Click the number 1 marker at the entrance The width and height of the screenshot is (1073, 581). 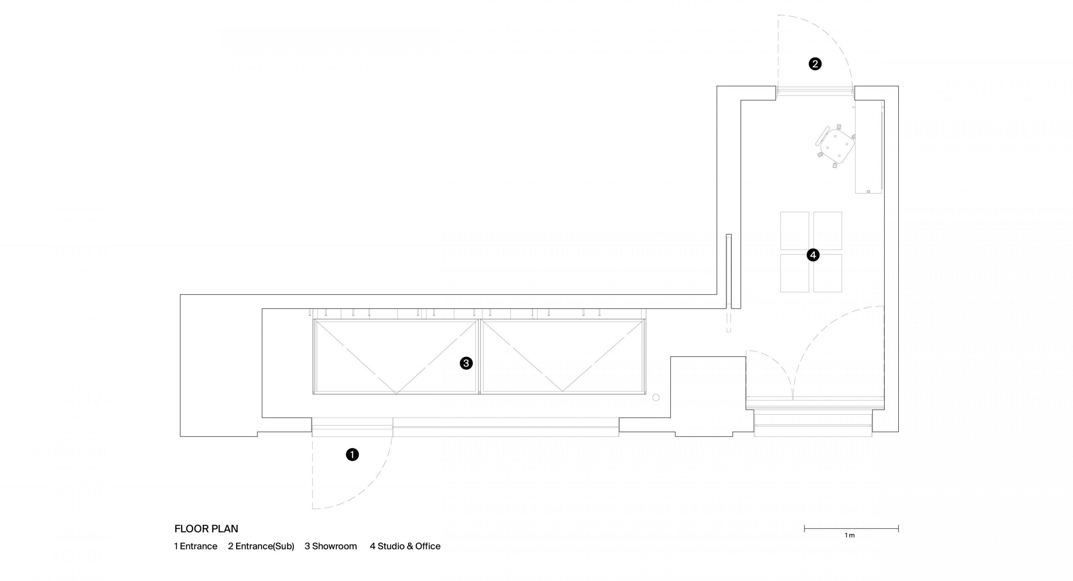click(x=352, y=454)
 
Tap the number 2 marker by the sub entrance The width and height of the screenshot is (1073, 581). click(x=815, y=64)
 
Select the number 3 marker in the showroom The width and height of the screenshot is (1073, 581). click(x=466, y=363)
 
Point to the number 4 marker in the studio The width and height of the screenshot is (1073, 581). click(x=813, y=255)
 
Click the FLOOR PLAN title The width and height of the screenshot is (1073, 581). click(x=206, y=529)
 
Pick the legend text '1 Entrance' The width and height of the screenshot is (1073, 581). click(x=196, y=546)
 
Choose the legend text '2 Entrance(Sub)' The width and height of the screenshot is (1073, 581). click(x=261, y=546)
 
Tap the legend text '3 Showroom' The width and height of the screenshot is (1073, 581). click(x=331, y=546)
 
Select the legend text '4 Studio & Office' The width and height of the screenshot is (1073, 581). click(x=405, y=546)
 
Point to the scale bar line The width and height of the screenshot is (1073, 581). click(x=851, y=529)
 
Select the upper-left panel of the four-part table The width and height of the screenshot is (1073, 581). click(x=795, y=231)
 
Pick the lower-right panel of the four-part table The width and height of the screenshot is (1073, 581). click(x=828, y=273)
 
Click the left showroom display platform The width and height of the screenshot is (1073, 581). click(x=396, y=357)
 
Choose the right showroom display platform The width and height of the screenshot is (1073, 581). click(x=563, y=357)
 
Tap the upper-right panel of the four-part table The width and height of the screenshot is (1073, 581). click(x=828, y=231)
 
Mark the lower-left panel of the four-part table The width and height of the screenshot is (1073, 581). click(x=795, y=273)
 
